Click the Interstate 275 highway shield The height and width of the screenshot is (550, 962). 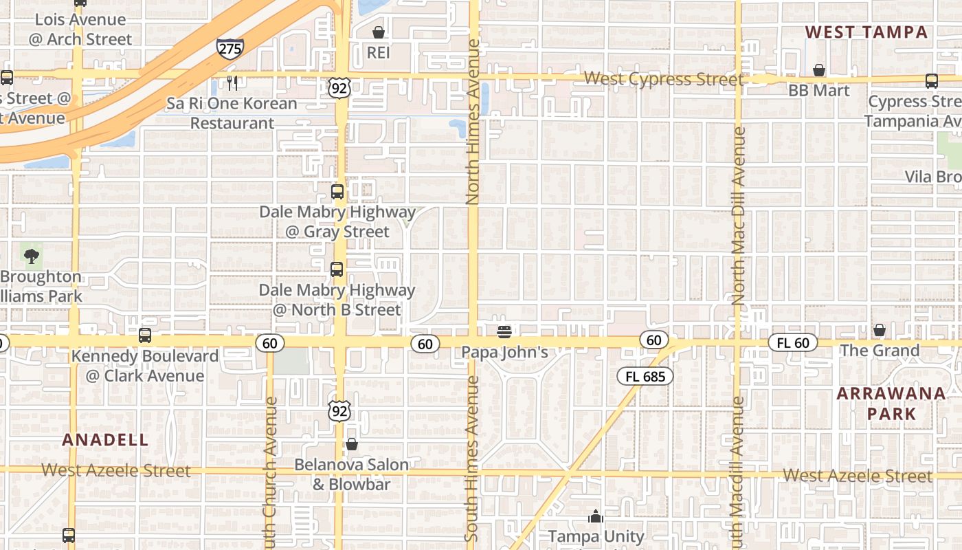click(230, 48)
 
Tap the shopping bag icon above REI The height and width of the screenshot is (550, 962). click(378, 32)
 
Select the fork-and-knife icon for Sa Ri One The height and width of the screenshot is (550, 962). click(232, 83)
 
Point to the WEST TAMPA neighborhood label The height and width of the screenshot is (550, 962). click(866, 32)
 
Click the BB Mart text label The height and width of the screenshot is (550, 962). click(818, 91)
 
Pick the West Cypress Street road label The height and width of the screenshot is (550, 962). click(663, 79)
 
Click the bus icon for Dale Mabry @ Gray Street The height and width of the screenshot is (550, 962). click(337, 192)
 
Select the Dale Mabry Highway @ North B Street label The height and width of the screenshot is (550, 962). click(337, 300)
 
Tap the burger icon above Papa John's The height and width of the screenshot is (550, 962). click(504, 332)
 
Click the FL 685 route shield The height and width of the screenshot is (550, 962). click(645, 376)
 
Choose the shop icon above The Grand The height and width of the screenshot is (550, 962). click(880, 331)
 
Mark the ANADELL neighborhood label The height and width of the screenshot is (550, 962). click(105, 440)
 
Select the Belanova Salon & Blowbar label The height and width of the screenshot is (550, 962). click(351, 474)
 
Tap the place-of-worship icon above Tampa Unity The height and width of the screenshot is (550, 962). click(596, 516)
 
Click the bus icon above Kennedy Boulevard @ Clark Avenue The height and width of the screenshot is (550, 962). click(144, 335)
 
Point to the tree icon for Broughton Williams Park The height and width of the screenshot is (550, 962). click(31, 256)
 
